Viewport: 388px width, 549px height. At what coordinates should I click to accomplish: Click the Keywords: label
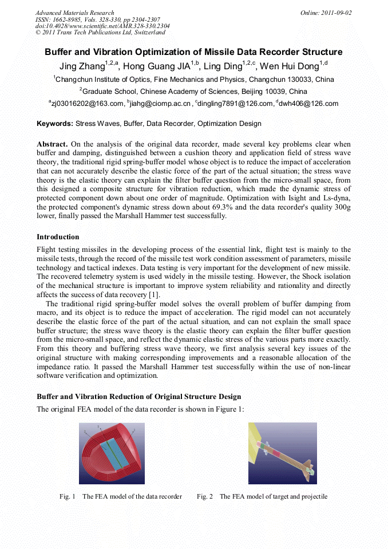point(55,124)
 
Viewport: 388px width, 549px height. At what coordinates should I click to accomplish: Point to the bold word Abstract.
point(52,144)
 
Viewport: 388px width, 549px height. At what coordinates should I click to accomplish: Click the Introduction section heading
point(58,237)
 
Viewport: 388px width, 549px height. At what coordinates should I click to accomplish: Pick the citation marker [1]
point(154,294)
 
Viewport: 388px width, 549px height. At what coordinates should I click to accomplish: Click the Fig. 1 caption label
point(68,496)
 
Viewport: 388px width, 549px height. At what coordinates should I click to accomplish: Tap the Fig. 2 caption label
point(205,496)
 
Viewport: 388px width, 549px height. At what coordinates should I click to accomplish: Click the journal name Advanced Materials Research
point(74,13)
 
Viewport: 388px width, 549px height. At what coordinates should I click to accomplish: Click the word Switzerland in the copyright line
point(147,33)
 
